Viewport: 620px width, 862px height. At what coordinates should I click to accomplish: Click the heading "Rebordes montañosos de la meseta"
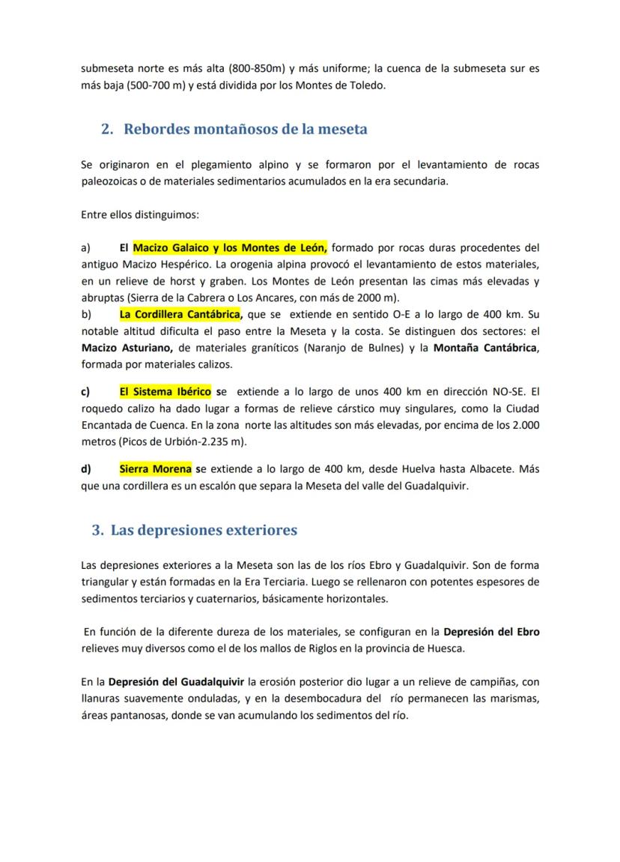[x=245, y=129]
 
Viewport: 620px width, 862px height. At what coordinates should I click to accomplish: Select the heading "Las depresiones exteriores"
[x=203, y=530]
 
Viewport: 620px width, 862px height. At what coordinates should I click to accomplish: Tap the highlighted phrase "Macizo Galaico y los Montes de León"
[x=230, y=248]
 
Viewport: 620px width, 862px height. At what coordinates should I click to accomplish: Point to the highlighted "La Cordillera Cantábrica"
[x=180, y=313]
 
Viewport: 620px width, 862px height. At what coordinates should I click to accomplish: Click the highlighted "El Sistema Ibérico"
[x=165, y=391]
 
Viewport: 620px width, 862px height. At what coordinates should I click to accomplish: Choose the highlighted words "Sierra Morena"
[x=155, y=469]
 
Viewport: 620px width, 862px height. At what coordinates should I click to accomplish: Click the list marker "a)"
[x=86, y=248]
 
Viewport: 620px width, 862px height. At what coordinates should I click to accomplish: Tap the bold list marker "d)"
[x=86, y=469]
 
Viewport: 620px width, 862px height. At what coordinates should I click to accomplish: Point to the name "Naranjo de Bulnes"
[x=362, y=348]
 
